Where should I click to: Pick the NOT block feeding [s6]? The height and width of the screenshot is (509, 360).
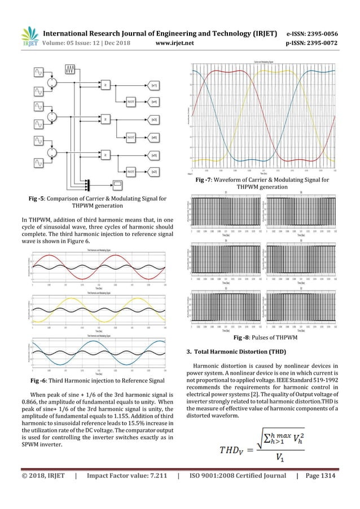130,136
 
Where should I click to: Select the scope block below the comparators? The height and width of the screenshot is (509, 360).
117,183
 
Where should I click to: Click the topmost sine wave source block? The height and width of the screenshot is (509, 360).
39,72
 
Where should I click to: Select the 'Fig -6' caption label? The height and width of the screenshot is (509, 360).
42,381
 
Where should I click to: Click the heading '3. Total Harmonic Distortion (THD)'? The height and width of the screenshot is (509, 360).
236,353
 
